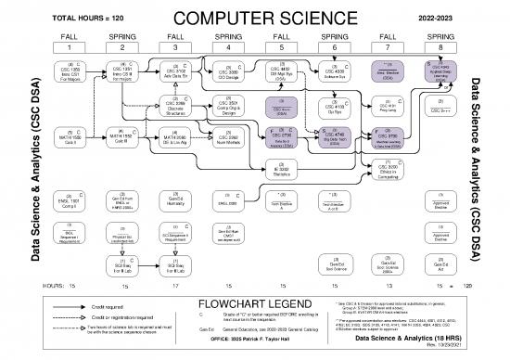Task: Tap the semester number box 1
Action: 70,46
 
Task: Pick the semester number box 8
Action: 441,46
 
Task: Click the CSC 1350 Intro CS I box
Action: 70,72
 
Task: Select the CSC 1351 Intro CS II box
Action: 123,72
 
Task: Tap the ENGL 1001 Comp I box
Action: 70,199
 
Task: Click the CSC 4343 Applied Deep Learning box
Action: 441,72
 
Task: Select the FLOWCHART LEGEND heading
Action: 253,303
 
